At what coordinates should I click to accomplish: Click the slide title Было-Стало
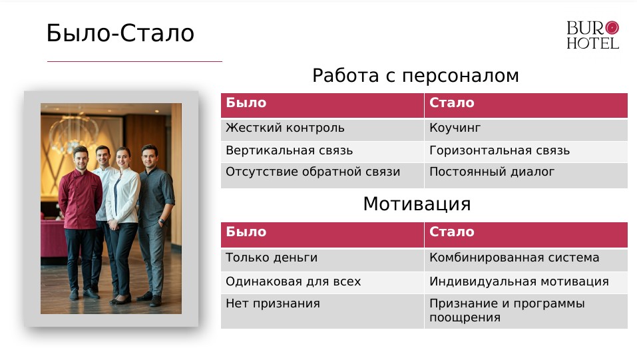click(x=120, y=33)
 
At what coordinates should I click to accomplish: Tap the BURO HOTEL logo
click(x=592, y=35)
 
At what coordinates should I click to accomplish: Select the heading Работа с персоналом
click(x=415, y=77)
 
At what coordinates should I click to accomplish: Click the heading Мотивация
click(x=417, y=204)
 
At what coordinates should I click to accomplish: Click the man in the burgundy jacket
click(x=80, y=213)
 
